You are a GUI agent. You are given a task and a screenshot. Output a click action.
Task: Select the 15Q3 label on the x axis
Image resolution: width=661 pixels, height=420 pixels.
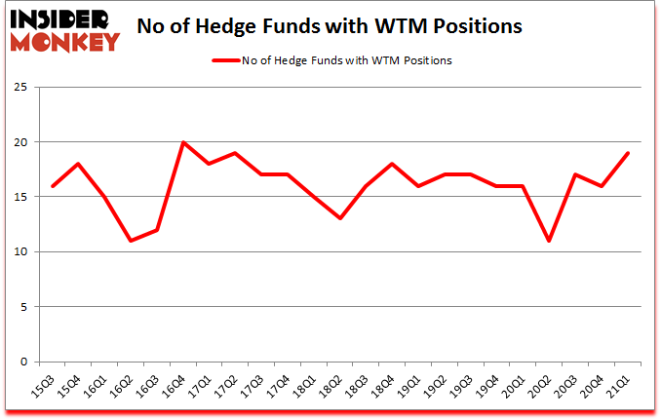46,389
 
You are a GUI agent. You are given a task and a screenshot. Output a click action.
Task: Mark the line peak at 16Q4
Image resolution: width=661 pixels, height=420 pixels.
182,142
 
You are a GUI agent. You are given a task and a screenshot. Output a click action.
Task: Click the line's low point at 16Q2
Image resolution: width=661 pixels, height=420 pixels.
131,241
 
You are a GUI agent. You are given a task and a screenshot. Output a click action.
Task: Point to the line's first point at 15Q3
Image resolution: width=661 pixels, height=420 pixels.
53,186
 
